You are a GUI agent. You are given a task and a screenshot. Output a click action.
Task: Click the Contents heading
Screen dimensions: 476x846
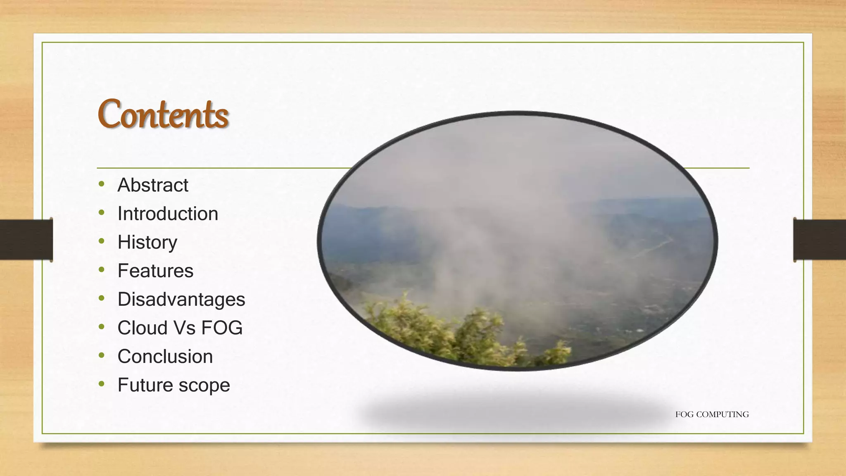coord(163,114)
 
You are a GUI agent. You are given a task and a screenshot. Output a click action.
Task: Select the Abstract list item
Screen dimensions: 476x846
coord(153,185)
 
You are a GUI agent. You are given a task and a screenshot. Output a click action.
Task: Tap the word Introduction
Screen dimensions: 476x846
coord(168,214)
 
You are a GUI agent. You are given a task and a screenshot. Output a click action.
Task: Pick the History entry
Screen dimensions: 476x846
coord(147,242)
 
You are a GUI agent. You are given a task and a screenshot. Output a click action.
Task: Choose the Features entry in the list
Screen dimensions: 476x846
coord(155,271)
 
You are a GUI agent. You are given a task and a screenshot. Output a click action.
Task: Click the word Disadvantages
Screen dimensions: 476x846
coord(181,300)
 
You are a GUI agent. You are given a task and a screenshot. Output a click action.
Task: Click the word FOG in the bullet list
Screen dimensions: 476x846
coord(222,328)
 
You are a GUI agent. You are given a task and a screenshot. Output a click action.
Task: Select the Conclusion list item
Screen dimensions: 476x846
coord(165,357)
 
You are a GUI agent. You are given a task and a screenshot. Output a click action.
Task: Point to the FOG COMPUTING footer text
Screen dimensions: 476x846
coord(712,414)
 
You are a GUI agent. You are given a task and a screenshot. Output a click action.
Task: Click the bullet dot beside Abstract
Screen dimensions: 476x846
coord(102,184)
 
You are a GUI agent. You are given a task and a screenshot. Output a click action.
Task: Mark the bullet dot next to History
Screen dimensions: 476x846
coord(102,241)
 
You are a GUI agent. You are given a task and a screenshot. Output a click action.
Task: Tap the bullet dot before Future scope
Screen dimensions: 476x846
coord(102,384)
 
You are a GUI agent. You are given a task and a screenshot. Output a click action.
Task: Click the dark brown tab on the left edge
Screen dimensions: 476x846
coord(26,240)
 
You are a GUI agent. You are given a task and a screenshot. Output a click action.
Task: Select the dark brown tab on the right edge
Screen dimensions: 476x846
coord(820,240)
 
